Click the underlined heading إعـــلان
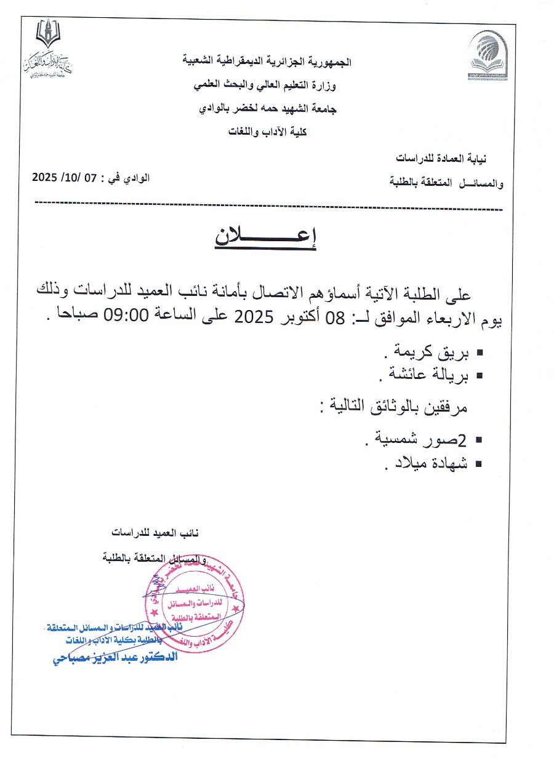pyautogui.click(x=265, y=237)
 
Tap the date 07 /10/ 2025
pyautogui.click(x=65, y=178)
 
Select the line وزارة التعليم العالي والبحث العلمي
pyautogui.click(x=266, y=87)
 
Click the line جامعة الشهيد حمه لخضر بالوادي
pyautogui.click(x=267, y=109)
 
